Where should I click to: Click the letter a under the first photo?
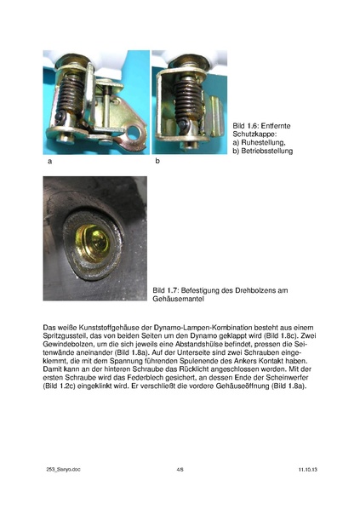(x=49, y=160)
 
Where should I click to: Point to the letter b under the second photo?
(x=157, y=160)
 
